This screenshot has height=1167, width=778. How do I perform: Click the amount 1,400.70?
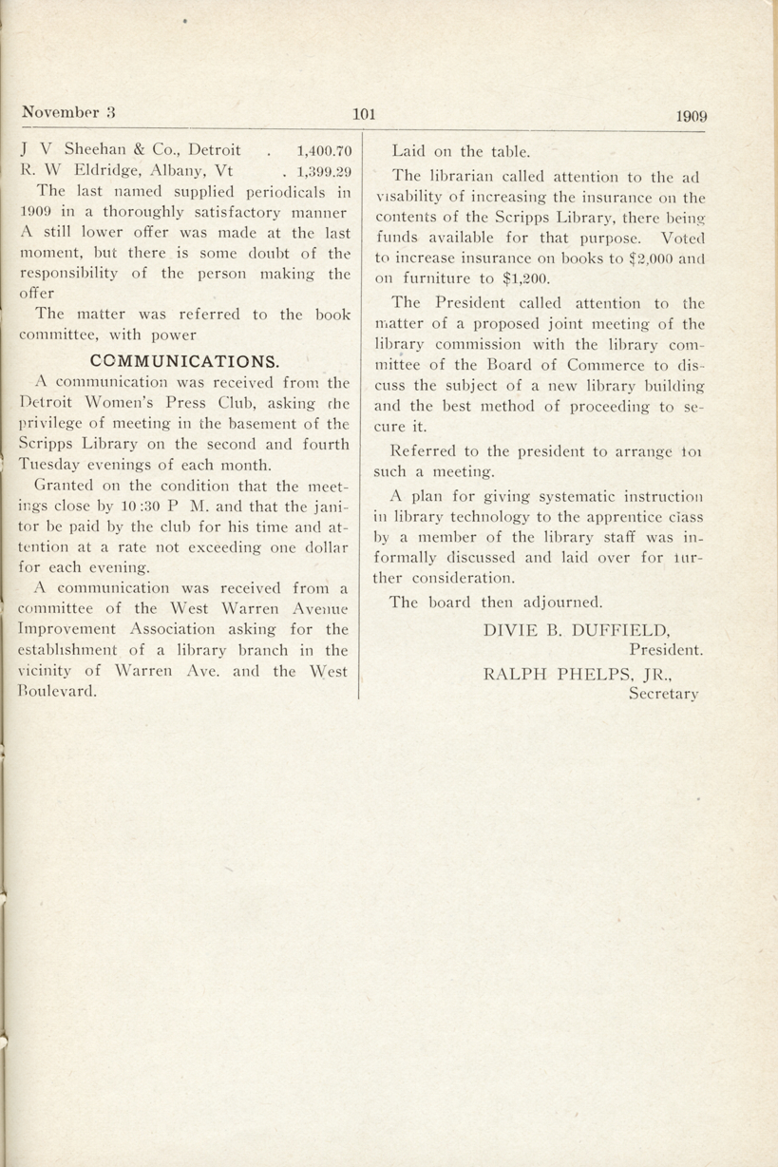(x=324, y=150)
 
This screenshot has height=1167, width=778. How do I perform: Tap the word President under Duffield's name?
(x=666, y=651)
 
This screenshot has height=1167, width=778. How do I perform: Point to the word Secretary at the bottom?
(x=664, y=694)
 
